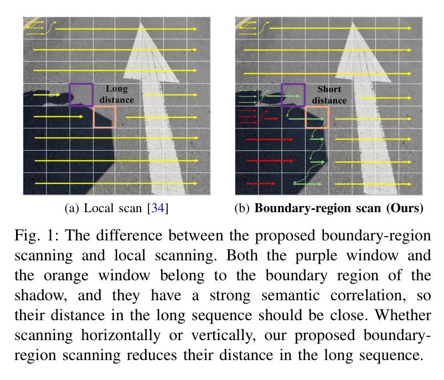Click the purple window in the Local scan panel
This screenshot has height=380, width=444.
pyautogui.click(x=70, y=95)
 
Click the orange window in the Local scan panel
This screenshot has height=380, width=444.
pyautogui.click(x=94, y=117)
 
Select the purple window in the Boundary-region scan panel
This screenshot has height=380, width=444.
pyautogui.click(x=282, y=95)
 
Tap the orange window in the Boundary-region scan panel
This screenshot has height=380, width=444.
pyautogui.click(x=306, y=117)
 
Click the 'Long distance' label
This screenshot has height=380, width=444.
pyautogui.click(x=116, y=94)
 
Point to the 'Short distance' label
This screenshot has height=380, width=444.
pyautogui.click(x=329, y=95)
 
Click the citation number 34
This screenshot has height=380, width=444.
pyautogui.click(x=158, y=208)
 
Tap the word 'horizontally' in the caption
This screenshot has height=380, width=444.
pyautogui.click(x=121, y=335)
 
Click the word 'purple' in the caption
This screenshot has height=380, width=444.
pyautogui.click(x=316, y=256)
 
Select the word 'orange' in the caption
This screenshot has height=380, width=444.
pyautogui.click(x=66, y=276)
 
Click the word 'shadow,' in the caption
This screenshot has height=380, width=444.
pyautogui.click(x=41, y=296)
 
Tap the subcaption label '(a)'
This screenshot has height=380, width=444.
pyautogui.click(x=71, y=208)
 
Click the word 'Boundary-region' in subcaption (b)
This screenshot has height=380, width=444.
pyautogui.click(x=317, y=208)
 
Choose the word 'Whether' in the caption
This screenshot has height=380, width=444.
pyautogui.click(x=403, y=315)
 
